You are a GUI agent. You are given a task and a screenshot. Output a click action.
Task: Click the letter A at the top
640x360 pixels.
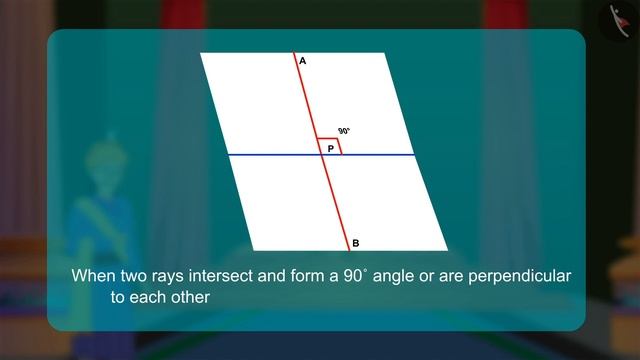coord(302,63)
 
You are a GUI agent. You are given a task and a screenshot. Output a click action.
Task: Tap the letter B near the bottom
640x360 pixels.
coord(356,243)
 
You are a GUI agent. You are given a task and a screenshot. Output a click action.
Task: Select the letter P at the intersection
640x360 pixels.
coord(330,148)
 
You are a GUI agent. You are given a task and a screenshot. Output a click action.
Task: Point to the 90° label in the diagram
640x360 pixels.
coord(344,131)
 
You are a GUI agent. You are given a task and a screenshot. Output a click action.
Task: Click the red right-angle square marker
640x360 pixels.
coord(330,147)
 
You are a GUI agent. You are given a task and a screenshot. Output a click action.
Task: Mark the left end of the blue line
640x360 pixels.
coord(229,155)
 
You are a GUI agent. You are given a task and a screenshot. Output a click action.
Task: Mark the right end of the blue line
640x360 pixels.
coord(414,155)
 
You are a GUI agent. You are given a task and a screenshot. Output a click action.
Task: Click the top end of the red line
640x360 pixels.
coord(294,54)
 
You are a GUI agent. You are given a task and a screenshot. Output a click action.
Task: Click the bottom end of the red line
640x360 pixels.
coord(349,249)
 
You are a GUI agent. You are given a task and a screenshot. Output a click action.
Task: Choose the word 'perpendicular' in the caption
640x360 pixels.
coord(522,275)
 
